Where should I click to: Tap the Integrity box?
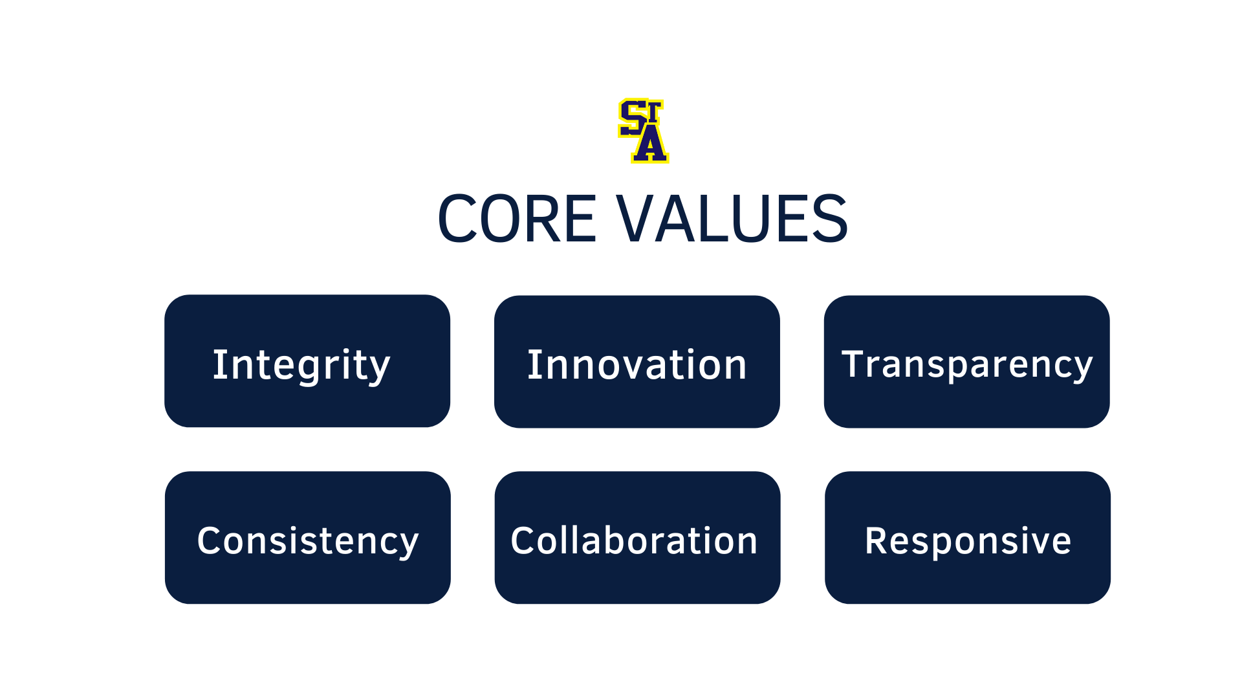tap(307, 361)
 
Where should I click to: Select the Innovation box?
tap(637, 362)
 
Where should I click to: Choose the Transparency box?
tap(967, 362)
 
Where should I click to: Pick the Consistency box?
tap(308, 538)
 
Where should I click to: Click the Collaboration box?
tap(638, 538)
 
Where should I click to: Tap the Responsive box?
tap(968, 538)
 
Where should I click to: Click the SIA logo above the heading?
tap(643, 131)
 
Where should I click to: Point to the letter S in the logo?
tap(632, 118)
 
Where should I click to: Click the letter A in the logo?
tap(650, 144)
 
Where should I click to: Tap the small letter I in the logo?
tap(655, 111)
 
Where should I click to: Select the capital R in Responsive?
tap(877, 540)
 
